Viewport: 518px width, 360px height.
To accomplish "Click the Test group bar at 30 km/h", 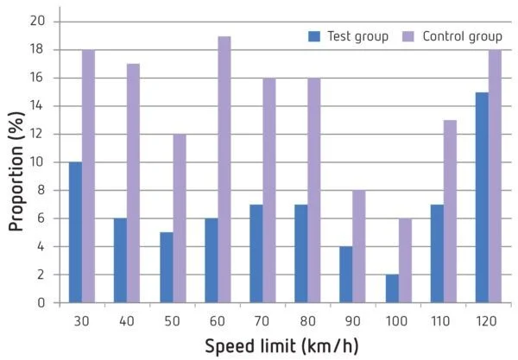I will (x=75, y=232).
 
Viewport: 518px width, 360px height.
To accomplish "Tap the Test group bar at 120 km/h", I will (x=481, y=198).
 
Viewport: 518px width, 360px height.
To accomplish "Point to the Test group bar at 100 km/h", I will (x=390, y=288).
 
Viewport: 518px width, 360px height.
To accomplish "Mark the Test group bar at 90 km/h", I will (x=345, y=275).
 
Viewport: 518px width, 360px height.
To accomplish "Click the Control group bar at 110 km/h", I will (x=450, y=212).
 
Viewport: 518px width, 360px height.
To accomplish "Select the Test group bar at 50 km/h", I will (x=165, y=268).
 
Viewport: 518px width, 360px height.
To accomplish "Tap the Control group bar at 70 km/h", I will (x=268, y=191).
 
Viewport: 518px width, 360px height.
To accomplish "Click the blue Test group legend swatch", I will (x=315, y=36).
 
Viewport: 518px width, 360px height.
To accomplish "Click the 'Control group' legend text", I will (x=460, y=36).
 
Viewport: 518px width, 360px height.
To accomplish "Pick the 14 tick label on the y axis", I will (x=40, y=106).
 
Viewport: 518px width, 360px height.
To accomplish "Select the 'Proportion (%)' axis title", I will (x=16, y=162).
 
